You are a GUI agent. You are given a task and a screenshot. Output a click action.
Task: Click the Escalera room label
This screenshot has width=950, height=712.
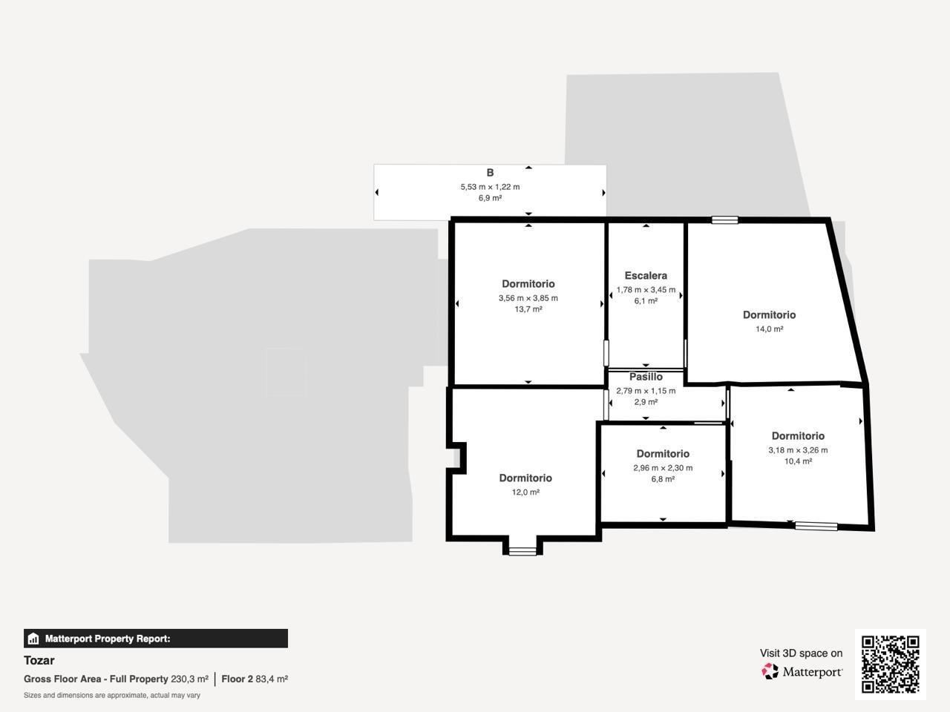pyautogui.click(x=646, y=276)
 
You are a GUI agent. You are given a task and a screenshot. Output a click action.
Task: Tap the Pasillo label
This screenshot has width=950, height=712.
pyautogui.click(x=646, y=377)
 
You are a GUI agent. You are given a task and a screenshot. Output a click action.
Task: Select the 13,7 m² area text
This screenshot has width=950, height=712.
pyautogui.click(x=528, y=309)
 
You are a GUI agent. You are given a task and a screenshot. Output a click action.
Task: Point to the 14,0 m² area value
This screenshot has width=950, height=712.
pyautogui.click(x=769, y=329)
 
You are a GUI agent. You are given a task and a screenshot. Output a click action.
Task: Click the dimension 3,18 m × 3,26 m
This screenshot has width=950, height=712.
pyautogui.click(x=798, y=450)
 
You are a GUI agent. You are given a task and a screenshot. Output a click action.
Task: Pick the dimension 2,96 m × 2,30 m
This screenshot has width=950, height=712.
pyautogui.click(x=663, y=468)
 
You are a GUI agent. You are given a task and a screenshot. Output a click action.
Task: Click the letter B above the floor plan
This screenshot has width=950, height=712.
pyautogui.click(x=490, y=173)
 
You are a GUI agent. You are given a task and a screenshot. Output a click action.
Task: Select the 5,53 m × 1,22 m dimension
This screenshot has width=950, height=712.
pyautogui.click(x=490, y=187)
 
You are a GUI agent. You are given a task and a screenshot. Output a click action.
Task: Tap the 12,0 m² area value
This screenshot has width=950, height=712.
pyautogui.click(x=525, y=492)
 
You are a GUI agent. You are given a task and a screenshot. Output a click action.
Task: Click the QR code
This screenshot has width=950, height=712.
pyautogui.click(x=890, y=664)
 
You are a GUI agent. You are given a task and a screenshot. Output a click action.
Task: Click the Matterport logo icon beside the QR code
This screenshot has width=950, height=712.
pyautogui.click(x=770, y=672)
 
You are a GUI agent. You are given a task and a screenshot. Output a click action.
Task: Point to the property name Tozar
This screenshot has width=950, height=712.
pyautogui.click(x=39, y=660)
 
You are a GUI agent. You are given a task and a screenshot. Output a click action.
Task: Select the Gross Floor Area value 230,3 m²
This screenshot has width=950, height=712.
pyautogui.click(x=189, y=679)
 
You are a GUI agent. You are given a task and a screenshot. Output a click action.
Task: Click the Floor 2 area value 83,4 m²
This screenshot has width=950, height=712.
pyautogui.click(x=272, y=679)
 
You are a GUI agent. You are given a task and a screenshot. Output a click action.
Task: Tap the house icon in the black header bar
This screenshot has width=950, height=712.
pyautogui.click(x=33, y=639)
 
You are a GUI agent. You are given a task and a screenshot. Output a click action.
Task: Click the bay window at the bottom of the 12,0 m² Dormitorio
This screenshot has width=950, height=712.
pyautogui.click(x=522, y=550)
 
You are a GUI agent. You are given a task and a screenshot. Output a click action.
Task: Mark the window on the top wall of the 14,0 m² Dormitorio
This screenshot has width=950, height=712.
pyautogui.click(x=724, y=220)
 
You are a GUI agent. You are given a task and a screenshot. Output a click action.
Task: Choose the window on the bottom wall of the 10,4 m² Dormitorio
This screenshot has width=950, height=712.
pyautogui.click(x=816, y=527)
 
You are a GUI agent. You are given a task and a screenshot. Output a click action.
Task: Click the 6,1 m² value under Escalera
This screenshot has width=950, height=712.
pyautogui.click(x=646, y=301)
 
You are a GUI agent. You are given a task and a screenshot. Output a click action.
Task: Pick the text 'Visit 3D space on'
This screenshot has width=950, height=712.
pyautogui.click(x=801, y=653)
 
